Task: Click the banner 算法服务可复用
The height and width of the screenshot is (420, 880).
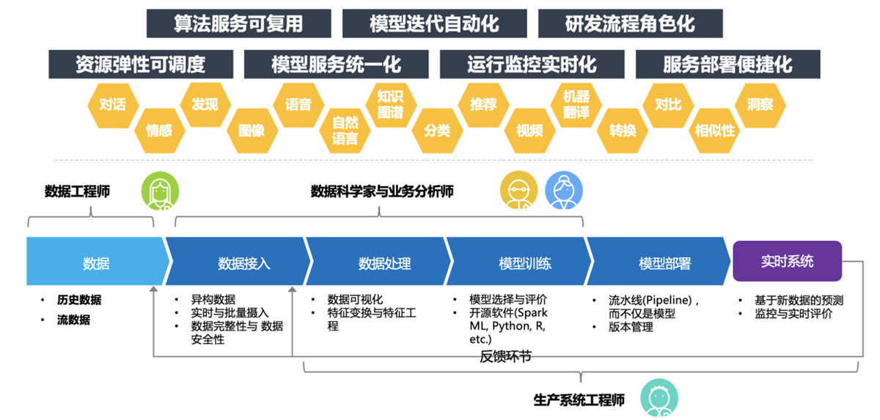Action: tap(238, 23)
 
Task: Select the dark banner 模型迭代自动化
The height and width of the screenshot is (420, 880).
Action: tap(434, 23)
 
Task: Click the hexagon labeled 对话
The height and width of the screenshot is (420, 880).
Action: tap(112, 104)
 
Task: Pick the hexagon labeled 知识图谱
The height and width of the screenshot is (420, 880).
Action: tap(390, 104)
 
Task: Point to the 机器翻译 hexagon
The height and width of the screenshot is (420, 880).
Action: tap(576, 105)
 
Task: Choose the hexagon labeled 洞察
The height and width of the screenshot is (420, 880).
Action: tap(760, 104)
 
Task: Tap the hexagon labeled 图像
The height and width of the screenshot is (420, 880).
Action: tap(252, 130)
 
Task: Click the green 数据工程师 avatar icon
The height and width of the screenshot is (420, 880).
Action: tap(160, 191)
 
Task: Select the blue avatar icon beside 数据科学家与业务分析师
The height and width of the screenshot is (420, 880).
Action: tap(563, 191)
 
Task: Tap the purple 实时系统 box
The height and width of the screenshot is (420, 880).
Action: tap(787, 262)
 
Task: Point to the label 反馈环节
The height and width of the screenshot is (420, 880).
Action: tap(505, 357)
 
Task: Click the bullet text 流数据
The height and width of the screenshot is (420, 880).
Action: tap(73, 320)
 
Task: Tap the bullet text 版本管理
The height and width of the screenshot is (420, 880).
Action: tap(631, 327)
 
